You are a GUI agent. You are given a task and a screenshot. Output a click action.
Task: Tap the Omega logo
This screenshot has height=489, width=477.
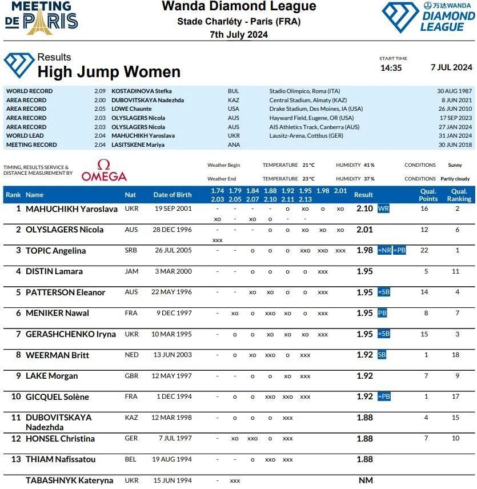[x=104, y=170]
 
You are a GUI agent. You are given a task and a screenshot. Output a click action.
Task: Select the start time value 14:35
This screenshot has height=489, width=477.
[x=391, y=68]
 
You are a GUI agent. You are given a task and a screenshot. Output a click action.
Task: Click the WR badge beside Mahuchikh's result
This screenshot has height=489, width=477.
[x=383, y=209]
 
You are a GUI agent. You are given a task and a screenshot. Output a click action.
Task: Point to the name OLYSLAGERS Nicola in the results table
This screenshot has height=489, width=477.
[x=65, y=230]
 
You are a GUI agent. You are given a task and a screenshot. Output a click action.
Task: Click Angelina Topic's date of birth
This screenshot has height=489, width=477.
[x=173, y=250]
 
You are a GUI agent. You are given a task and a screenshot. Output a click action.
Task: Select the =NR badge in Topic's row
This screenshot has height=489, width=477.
[x=384, y=250]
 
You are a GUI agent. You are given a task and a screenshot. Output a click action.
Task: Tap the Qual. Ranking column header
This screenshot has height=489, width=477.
[x=459, y=195]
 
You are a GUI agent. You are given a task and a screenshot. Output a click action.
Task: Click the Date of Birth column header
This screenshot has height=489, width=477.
[x=173, y=195]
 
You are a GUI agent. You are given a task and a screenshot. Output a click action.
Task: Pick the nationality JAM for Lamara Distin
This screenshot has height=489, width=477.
[x=131, y=271]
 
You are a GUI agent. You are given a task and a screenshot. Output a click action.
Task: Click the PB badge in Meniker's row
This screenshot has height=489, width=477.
[x=382, y=313]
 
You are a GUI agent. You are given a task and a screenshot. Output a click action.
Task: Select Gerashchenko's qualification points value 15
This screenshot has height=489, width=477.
[x=424, y=334]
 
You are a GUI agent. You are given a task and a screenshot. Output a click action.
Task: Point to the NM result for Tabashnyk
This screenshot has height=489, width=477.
[x=366, y=480]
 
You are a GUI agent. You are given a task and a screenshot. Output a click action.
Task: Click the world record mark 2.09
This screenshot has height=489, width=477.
[x=100, y=91]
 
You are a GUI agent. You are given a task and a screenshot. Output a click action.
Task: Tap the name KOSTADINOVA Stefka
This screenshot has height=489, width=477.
[x=141, y=91]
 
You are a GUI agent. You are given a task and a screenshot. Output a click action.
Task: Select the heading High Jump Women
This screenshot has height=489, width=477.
[x=109, y=72]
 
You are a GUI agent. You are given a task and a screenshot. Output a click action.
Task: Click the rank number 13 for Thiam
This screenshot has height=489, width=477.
[x=16, y=459]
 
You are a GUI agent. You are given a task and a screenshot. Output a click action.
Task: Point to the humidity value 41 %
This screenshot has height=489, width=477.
[x=370, y=165]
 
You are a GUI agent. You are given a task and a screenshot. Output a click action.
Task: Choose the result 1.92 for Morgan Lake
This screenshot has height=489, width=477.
[x=364, y=376]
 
